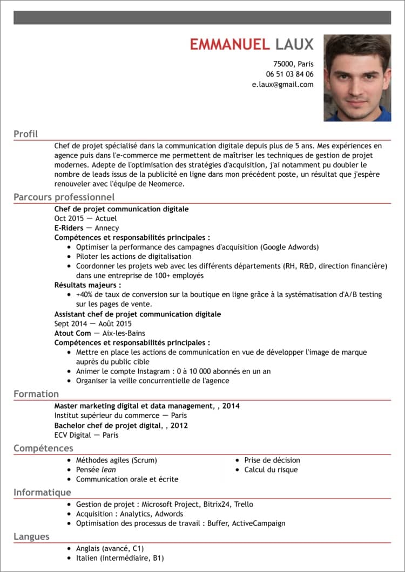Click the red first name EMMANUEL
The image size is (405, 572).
230,44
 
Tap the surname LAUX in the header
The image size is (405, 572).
294,44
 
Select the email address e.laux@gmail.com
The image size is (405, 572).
282,85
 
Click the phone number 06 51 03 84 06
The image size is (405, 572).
289,74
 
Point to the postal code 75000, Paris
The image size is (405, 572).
293,64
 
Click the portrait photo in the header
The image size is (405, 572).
357,78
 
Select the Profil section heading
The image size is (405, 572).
25,134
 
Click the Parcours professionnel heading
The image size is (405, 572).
64,197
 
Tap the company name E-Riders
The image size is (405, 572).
69,228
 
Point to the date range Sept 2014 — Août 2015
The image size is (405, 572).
93,323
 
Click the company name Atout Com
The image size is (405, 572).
72,333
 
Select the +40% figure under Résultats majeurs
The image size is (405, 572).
85,294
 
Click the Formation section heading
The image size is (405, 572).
36,394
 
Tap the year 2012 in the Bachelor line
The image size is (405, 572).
179,425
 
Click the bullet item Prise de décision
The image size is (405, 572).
272,460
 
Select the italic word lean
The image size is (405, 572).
109,470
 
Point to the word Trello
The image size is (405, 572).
244,504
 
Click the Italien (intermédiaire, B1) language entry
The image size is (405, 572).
119,558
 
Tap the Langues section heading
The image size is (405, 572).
31,536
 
